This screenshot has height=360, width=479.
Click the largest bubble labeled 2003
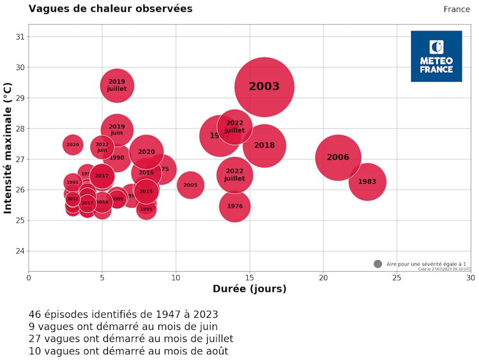click(x=264, y=87)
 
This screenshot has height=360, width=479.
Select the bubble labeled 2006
click(x=338, y=158)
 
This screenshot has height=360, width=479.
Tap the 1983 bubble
click(x=367, y=182)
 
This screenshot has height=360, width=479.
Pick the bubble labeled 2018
click(x=264, y=146)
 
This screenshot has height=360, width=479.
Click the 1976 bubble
click(x=235, y=206)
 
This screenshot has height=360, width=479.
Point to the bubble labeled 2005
click(x=190, y=185)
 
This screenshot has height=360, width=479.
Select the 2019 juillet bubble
click(x=117, y=86)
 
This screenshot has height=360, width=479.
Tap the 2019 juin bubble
click(x=117, y=130)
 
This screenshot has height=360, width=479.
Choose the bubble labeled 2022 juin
click(x=102, y=147)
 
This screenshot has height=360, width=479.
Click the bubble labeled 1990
click(x=117, y=158)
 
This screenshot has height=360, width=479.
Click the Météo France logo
click(x=436, y=56)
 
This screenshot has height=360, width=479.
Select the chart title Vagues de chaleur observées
click(x=110, y=9)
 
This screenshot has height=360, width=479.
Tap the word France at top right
click(x=457, y=9)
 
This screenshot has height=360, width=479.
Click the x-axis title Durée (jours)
click(x=249, y=289)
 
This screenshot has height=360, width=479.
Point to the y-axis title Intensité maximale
click(x=8, y=147)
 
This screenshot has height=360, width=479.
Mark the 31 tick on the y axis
click(x=19, y=36)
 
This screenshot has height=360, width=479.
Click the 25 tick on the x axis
click(x=397, y=278)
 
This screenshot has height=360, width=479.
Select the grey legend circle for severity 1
click(x=377, y=264)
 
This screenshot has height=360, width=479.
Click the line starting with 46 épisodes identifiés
click(x=123, y=315)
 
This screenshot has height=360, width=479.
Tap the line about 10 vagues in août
click(x=128, y=351)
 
